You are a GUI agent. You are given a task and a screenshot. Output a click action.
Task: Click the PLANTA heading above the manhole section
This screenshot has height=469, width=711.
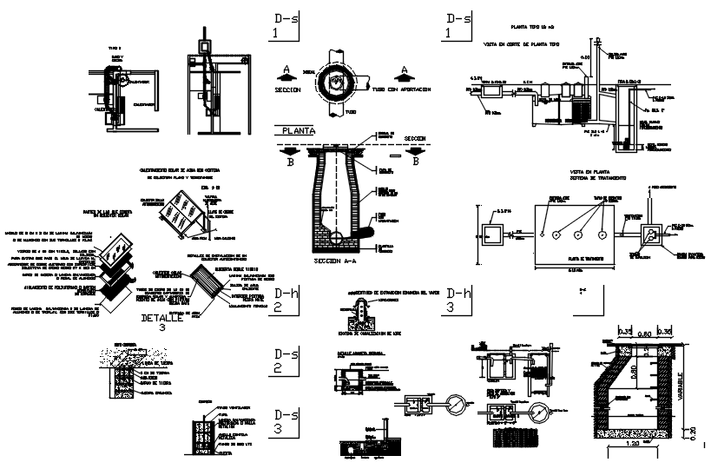pos(295,131)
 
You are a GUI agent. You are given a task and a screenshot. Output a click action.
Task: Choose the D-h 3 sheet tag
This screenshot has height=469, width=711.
pos(458,300)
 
